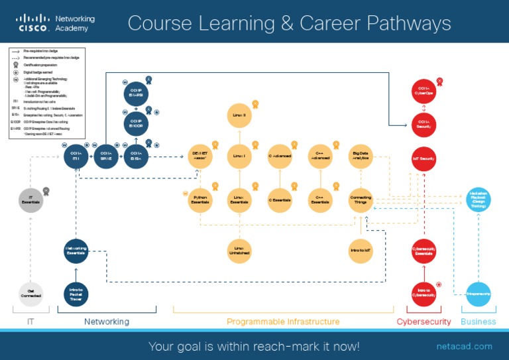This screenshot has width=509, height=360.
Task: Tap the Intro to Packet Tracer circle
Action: [x=76, y=294]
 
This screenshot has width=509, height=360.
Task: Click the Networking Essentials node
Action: [x=76, y=251]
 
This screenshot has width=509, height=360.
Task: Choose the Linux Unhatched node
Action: [x=239, y=251]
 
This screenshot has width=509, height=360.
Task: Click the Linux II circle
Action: [x=239, y=115]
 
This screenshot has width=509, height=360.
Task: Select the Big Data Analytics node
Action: [x=361, y=156]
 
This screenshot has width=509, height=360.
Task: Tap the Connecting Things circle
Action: [x=361, y=200]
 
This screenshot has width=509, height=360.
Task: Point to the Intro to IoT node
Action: [x=361, y=251]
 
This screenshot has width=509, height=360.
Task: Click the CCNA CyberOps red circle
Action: [x=424, y=91]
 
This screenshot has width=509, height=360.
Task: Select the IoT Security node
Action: [x=424, y=158]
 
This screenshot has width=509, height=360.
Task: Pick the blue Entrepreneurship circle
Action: [x=478, y=294]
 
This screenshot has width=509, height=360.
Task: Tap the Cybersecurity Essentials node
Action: [x=424, y=251]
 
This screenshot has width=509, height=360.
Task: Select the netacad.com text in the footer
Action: [x=464, y=346]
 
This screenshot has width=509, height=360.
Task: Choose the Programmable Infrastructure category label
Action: [x=283, y=322]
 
